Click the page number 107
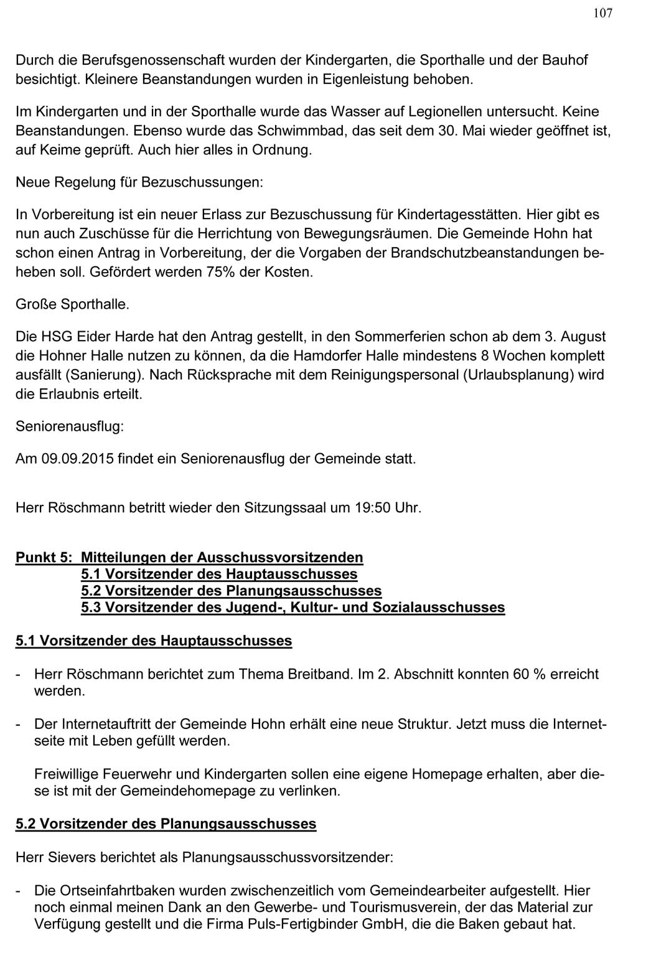pyautogui.click(x=602, y=13)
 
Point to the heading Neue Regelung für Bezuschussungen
pyautogui.click(x=139, y=182)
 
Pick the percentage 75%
pyautogui.click(x=220, y=273)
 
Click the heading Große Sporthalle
pyautogui.click(x=72, y=305)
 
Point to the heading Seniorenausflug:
pyautogui.click(x=70, y=427)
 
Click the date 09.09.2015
pyautogui.click(x=77, y=459)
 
